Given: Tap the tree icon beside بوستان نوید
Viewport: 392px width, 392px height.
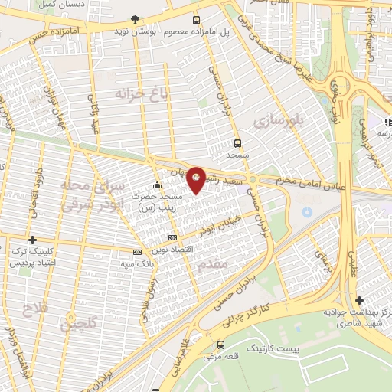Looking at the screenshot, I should (136, 19).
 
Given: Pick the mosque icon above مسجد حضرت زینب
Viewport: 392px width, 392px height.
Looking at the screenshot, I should (157, 185).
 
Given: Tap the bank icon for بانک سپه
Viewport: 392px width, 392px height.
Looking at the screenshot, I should (137, 251).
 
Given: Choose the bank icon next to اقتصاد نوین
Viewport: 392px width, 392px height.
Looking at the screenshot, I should (172, 238).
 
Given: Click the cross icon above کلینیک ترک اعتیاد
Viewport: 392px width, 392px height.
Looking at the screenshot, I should (31, 240).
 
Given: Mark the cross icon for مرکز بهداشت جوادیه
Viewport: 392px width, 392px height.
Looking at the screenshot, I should (359, 299).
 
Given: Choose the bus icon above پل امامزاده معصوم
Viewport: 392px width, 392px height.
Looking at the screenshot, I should (197, 20).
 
